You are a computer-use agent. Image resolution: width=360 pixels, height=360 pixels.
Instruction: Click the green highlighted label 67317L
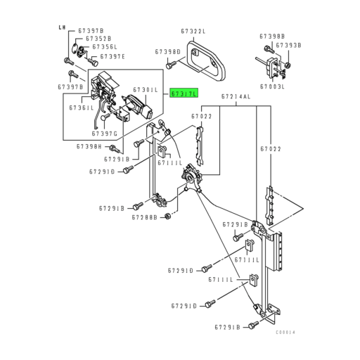(185, 93)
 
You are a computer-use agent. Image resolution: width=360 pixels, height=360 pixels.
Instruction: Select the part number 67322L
(193, 32)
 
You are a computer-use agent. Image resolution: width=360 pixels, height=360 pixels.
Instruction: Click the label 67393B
(289, 45)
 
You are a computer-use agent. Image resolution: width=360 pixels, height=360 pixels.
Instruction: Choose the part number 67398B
(272, 36)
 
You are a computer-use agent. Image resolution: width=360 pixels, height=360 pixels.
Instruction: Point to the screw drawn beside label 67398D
(170, 65)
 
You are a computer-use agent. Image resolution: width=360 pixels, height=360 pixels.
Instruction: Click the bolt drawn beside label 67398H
(116, 150)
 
